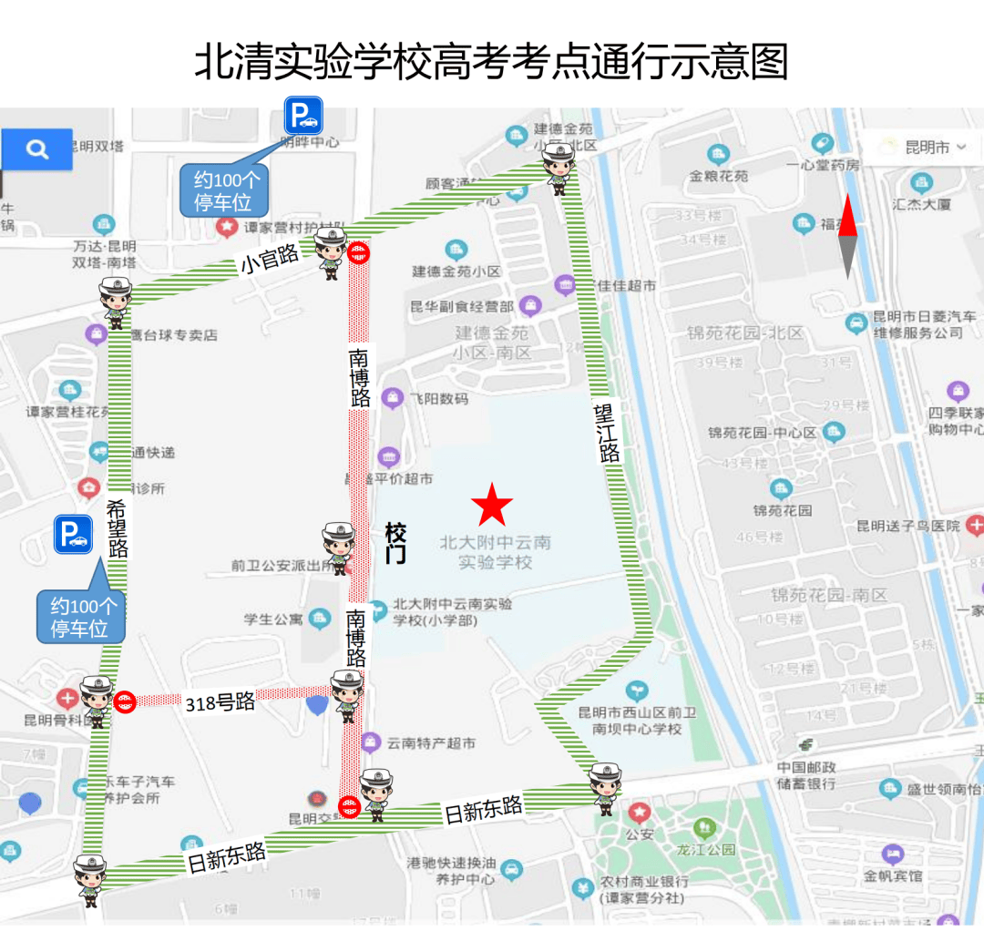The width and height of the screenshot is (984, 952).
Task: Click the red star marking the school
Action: pyautogui.click(x=492, y=504)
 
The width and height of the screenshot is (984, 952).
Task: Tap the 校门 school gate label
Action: pyautogui.click(x=395, y=543)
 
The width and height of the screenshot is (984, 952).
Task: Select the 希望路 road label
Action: pyautogui.click(x=118, y=528)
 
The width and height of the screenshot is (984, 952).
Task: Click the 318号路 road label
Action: pyautogui.click(x=220, y=702)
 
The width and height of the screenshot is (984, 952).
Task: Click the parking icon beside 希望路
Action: pyautogui.click(x=73, y=535)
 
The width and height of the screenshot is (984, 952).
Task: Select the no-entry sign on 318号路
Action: pyautogui.click(x=126, y=701)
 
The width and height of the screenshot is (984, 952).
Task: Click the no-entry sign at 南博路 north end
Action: pyautogui.click(x=361, y=253)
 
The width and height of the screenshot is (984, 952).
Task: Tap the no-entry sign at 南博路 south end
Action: pyautogui.click(x=349, y=805)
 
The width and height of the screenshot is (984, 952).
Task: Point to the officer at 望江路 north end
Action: pyautogui.click(x=559, y=168)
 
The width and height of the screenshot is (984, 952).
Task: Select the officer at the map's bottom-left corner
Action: pyautogui.click(x=90, y=879)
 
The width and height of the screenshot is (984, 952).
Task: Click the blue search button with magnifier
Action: pyautogui.click(x=36, y=149)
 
